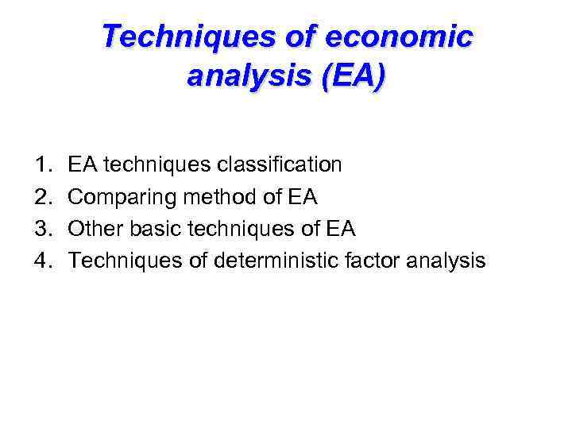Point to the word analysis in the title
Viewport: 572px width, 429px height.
coord(245,77)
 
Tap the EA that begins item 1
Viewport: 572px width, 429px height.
coord(82,165)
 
